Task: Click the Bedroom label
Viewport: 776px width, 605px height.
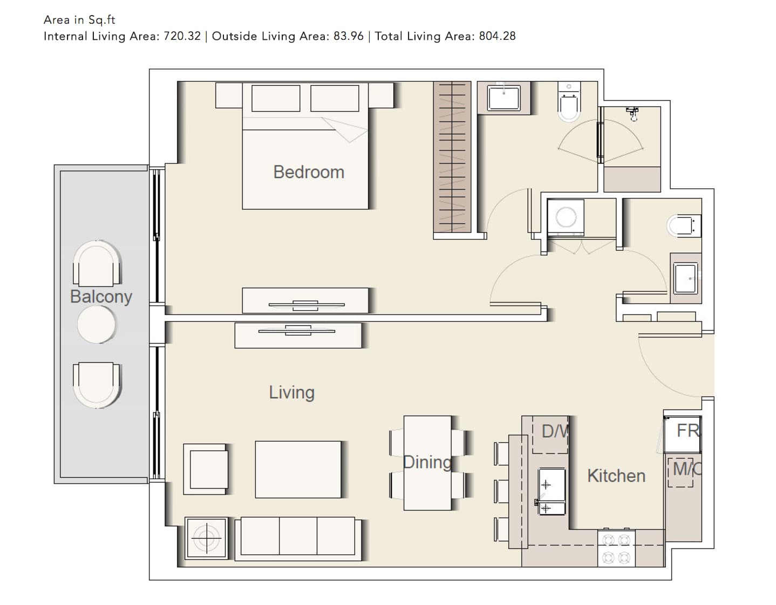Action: click(309, 173)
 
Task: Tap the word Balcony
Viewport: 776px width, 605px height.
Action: click(101, 297)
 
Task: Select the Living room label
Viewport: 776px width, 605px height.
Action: click(292, 393)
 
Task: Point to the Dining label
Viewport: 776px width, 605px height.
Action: click(427, 462)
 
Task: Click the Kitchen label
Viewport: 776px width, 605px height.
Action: click(616, 476)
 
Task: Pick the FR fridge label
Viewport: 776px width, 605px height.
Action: click(688, 430)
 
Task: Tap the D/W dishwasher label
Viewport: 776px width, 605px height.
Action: click(555, 431)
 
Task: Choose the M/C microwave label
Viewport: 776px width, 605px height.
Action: click(687, 469)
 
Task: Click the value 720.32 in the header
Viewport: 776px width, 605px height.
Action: click(182, 36)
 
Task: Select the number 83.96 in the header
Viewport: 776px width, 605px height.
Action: click(349, 36)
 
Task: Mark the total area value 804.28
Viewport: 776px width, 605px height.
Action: click(498, 36)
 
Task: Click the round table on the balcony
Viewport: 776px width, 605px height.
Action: click(97, 325)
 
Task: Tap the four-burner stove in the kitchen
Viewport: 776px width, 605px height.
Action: click(616, 548)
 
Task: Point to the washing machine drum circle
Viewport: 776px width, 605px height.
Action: click(566, 217)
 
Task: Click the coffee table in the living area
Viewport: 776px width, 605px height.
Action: click(298, 470)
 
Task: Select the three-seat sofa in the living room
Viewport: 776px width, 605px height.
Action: click(298, 539)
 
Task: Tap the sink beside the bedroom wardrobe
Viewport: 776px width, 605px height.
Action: click(504, 98)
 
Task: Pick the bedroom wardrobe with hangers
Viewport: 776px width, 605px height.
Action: click(452, 157)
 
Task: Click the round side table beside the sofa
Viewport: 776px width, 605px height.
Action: click(206, 538)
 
